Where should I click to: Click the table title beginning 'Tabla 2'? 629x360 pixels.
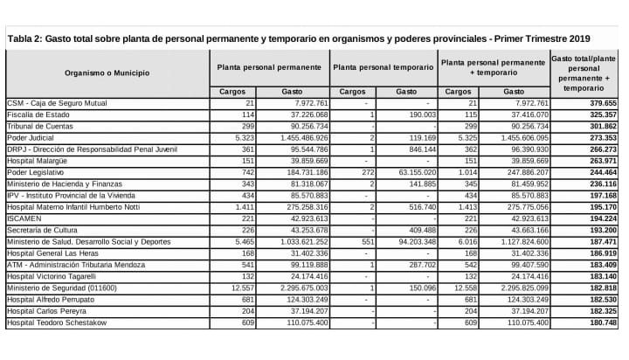click(x=297, y=39)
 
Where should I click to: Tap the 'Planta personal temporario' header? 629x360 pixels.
click(x=384, y=67)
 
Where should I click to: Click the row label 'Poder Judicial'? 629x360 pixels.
click(x=30, y=137)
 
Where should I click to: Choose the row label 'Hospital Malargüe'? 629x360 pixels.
click(x=37, y=160)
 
